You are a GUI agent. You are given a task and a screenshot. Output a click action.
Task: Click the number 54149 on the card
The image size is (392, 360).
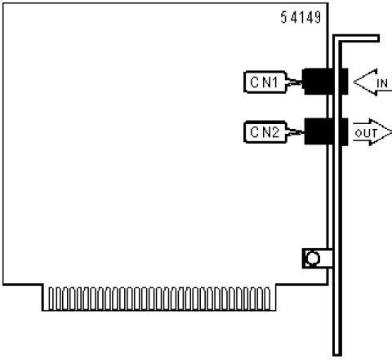pos(301,17)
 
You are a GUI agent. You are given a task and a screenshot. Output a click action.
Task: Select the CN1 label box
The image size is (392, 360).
pos(265,82)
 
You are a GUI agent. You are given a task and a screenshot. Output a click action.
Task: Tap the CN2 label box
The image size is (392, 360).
pos(265,132)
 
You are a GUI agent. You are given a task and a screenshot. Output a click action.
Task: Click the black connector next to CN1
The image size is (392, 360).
pos(325,82)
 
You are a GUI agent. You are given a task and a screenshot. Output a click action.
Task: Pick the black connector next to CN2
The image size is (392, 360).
pos(326,131)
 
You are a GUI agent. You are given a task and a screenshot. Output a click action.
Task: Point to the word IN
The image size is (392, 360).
pos(382,83)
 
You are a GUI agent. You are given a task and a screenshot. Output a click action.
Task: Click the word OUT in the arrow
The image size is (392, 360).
pos(366,133)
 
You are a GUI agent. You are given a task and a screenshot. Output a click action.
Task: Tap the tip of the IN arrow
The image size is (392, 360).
pos(354,82)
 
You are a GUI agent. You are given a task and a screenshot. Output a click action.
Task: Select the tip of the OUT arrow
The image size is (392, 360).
pos(391,132)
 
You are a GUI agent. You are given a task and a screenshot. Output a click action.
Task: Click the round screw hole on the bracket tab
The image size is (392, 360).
pos(313,258)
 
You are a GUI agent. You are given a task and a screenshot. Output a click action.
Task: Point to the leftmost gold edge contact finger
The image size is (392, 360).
pos(51,299)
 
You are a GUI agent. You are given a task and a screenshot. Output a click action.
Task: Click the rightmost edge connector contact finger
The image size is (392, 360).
pos(267,299)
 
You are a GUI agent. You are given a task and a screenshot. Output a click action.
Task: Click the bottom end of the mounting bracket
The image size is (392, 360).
pos(337,353)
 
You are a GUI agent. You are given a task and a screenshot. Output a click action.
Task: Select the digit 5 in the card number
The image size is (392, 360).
pos(283,17)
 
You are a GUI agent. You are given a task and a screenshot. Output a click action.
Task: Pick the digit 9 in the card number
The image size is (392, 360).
pos(318,17)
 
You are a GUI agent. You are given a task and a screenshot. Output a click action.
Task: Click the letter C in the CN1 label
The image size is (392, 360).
pos(255,82)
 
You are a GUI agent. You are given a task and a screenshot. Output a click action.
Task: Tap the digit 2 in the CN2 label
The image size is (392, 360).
pos(275,132)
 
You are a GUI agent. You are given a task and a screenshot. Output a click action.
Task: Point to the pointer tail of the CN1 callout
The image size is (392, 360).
pos(293,82)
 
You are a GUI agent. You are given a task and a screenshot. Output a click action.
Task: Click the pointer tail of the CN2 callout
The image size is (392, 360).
pos(295,132)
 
